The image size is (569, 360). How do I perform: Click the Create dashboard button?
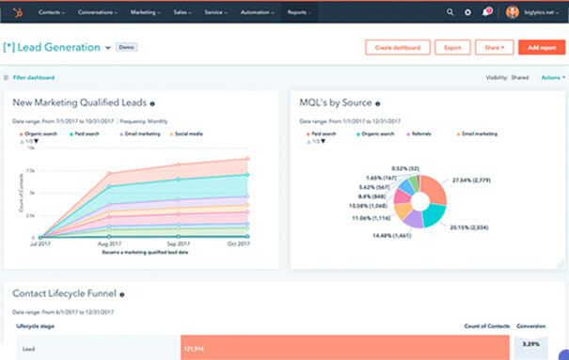pyautogui.click(x=396, y=47)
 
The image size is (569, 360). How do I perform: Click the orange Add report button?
pyautogui.click(x=542, y=47)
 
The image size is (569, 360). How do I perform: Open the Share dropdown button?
pyautogui.click(x=495, y=47)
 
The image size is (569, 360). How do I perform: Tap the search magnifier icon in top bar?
pyautogui.click(x=450, y=12)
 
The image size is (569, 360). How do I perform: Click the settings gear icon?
pyautogui.click(x=468, y=12)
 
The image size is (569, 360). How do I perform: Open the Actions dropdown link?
pyautogui.click(x=552, y=77)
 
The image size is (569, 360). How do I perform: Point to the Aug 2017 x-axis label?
pyautogui.click(x=110, y=244)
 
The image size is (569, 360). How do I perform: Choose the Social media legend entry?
pyautogui.click(x=188, y=133)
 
